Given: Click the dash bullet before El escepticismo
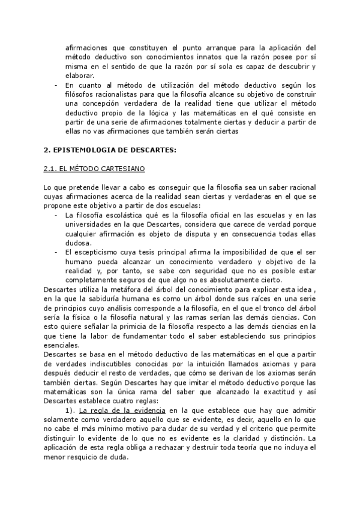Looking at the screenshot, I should point(56,252).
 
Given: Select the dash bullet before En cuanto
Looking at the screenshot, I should point(56,85).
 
